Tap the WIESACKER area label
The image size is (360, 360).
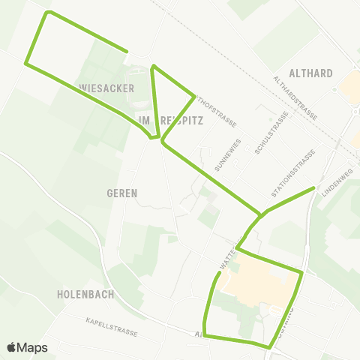click(x=106, y=88)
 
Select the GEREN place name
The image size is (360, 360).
click(x=121, y=193)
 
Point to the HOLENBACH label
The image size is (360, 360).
click(x=85, y=295)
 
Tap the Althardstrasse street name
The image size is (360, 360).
click(x=295, y=98)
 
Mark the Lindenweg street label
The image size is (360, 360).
click(x=336, y=182)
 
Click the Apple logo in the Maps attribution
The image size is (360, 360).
click(x=12, y=347)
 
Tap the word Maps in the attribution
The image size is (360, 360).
click(x=33, y=347)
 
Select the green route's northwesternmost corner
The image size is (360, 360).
click(x=49, y=13)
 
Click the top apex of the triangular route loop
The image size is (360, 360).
click(x=154, y=66)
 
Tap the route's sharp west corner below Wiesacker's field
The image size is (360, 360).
click(x=27, y=64)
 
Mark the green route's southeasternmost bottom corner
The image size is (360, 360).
click(x=270, y=346)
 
